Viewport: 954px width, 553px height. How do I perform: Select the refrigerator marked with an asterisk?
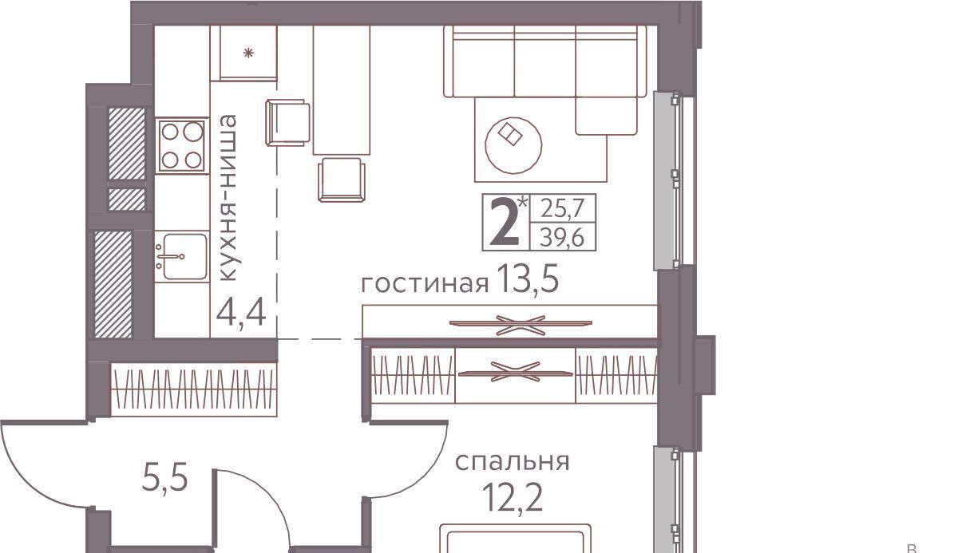(x=244, y=53)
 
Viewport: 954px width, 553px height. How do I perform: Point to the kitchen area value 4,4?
(x=242, y=314)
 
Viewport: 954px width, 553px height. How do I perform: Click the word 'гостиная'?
(x=425, y=283)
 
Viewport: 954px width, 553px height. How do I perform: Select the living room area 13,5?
(x=528, y=280)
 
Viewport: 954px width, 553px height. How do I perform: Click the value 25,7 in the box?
(x=563, y=208)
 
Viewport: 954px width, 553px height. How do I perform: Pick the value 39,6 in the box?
(x=562, y=237)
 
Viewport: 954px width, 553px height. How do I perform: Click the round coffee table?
(x=513, y=145)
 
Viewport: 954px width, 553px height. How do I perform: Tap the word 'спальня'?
(x=513, y=462)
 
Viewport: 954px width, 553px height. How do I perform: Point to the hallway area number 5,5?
(x=165, y=477)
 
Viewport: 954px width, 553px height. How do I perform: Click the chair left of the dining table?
(x=287, y=123)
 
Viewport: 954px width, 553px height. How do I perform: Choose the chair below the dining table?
(x=342, y=180)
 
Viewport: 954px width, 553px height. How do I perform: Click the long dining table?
(x=342, y=90)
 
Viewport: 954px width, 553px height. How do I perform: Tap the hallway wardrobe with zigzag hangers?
(x=193, y=389)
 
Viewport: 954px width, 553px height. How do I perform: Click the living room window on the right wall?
(x=674, y=180)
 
